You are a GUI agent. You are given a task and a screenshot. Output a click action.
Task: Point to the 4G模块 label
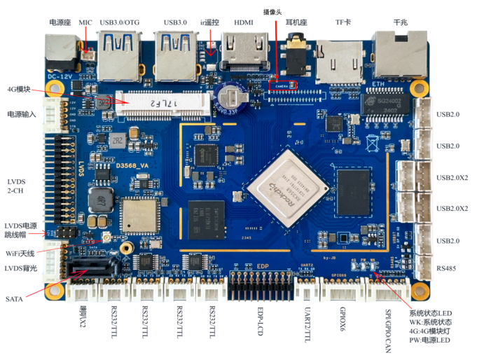(19, 90)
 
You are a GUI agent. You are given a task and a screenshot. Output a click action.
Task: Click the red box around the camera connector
(283, 85)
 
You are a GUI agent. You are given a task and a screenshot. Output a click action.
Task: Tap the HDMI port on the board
(244, 55)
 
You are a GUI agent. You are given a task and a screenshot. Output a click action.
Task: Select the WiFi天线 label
(23, 250)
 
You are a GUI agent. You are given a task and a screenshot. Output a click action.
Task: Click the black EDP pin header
(261, 283)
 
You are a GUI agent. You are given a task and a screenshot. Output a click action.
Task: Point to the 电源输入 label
(23, 114)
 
